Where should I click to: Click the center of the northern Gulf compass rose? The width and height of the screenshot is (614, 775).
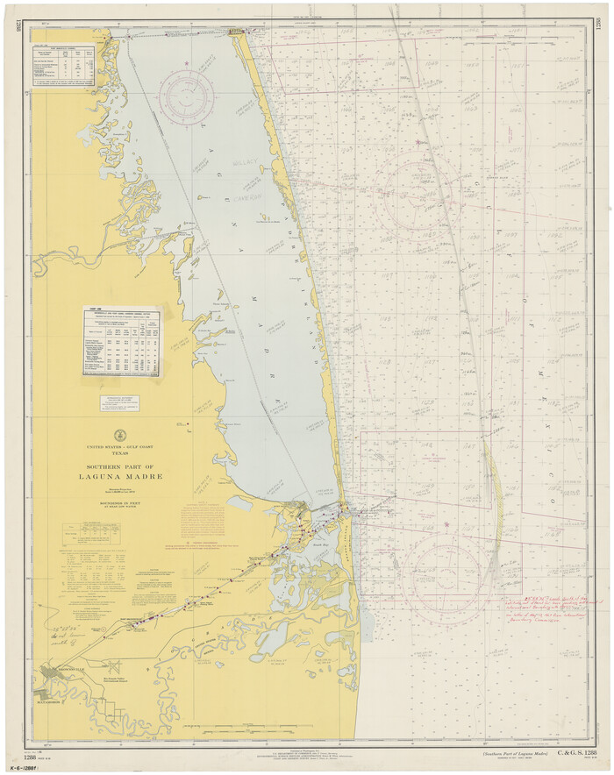[x=424, y=204]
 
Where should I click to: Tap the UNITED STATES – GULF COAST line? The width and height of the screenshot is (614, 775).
[x=122, y=449]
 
